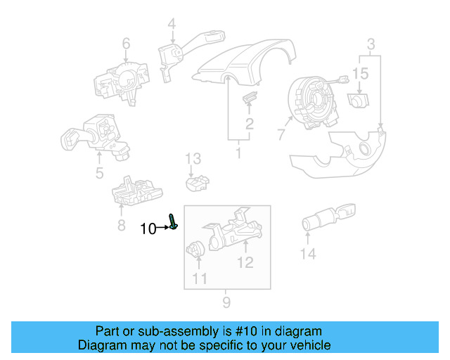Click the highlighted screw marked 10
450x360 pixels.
click(x=173, y=221)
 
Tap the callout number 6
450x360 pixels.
click(x=126, y=44)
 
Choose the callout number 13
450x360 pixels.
click(x=193, y=158)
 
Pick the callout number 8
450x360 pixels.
click(x=122, y=225)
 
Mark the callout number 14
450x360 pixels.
click(x=308, y=254)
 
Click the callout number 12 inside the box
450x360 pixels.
click(x=244, y=263)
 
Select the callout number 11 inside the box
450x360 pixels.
click(x=200, y=278)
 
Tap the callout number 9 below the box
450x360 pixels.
click(x=226, y=303)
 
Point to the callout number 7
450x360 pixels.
click(x=281, y=134)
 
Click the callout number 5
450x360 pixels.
click(x=99, y=173)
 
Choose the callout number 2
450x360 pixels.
click(x=249, y=125)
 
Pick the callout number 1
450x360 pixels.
click(x=238, y=151)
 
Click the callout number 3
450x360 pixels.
click(x=370, y=46)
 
